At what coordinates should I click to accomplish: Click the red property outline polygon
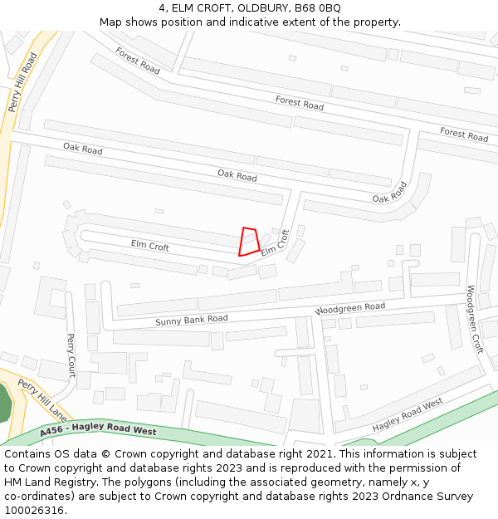pyautogui.click(x=249, y=241)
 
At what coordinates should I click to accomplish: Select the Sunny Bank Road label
pyautogui.click(x=191, y=320)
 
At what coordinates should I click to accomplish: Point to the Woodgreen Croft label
pyautogui.click(x=474, y=320)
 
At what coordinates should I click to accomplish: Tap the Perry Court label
pyautogui.click(x=71, y=355)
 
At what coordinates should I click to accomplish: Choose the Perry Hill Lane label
pyautogui.click(x=41, y=399)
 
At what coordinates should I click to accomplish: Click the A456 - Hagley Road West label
pyautogui.click(x=97, y=430)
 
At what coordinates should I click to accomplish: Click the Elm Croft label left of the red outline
pyautogui.click(x=149, y=247)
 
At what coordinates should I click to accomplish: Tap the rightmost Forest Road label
pyautogui.click(x=464, y=135)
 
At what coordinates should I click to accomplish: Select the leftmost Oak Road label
pyautogui.click(x=83, y=149)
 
